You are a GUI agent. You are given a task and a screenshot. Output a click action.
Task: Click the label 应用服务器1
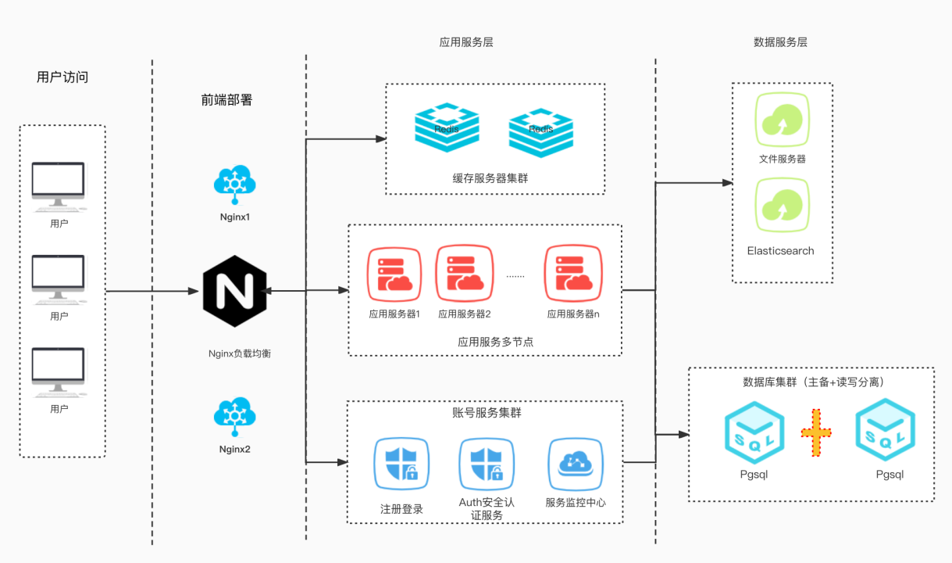[x=394, y=314]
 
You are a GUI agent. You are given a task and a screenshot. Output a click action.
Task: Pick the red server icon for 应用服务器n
[x=572, y=273]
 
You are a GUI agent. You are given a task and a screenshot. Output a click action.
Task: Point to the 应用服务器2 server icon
[x=464, y=273]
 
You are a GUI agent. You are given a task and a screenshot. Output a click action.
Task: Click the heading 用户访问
[x=62, y=77]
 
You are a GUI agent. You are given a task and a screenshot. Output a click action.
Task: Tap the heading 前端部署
[x=226, y=100]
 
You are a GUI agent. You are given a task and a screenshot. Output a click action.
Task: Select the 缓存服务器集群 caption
[x=490, y=178]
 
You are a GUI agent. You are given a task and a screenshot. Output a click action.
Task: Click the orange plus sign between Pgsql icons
[x=816, y=432]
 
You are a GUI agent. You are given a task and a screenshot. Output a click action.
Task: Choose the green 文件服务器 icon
[x=782, y=120]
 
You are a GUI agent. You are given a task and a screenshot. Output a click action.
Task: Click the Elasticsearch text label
[x=780, y=251]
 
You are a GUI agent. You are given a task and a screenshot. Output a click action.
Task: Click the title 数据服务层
[x=780, y=42]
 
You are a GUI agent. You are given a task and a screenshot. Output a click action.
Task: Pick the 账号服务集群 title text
[x=487, y=412]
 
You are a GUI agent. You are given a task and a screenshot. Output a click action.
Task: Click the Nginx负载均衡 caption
[x=240, y=353]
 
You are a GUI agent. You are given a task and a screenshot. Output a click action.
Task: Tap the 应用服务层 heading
[x=466, y=42]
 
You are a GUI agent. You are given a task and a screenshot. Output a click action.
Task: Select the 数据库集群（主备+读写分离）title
[x=813, y=382]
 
